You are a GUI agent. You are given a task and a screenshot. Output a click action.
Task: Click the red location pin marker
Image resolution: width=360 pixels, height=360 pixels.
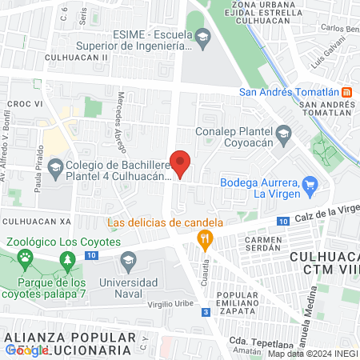pos(181,163)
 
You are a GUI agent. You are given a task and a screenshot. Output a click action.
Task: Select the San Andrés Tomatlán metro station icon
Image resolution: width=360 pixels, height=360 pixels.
pos(346,91)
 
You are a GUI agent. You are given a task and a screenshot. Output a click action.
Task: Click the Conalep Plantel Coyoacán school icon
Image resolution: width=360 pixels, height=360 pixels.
pos(282,132)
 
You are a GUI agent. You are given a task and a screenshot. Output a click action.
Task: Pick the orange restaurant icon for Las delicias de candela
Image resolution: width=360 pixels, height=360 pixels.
pos(206,238)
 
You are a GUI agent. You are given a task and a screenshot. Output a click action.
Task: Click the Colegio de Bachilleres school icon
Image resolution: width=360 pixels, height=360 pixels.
pos(55,168)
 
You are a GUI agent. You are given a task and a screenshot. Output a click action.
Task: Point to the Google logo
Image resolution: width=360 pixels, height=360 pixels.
pos(26,350)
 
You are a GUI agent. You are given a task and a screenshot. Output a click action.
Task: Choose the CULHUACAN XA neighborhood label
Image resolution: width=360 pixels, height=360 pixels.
pos(37,220)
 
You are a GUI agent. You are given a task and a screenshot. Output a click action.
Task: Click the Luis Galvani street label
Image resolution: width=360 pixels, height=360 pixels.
pos(328,56)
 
